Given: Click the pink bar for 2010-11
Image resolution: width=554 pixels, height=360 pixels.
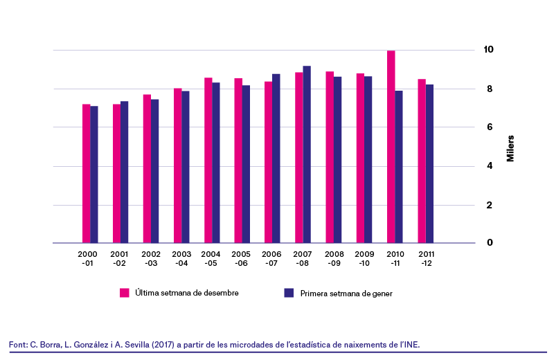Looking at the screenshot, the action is [x=391, y=147].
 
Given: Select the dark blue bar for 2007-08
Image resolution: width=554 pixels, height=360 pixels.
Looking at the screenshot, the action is [x=307, y=154].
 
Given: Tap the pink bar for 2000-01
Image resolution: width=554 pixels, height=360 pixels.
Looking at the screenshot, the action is [x=86, y=174].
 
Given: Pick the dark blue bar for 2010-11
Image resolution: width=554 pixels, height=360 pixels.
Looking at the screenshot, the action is [x=399, y=167].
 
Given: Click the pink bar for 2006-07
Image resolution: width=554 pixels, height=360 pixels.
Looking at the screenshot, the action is [x=269, y=162].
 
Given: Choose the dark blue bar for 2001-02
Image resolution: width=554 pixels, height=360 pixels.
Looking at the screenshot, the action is [x=125, y=172].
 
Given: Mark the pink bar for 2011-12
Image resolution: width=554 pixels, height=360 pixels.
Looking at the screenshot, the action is [x=422, y=161].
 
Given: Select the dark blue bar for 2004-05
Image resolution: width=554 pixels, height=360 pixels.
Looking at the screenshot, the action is [x=216, y=163].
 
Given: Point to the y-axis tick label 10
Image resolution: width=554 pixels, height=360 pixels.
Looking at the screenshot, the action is [x=488, y=49].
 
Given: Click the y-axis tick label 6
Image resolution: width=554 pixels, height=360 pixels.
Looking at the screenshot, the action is [x=490, y=127].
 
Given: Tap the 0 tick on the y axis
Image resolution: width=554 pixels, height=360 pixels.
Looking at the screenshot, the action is [x=490, y=242].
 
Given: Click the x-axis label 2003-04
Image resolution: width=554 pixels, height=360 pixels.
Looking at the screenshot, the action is [x=181, y=259].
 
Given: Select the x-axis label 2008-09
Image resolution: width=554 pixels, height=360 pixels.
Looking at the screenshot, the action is [x=334, y=259].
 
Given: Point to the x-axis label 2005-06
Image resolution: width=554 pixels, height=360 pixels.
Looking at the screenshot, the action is [x=241, y=259].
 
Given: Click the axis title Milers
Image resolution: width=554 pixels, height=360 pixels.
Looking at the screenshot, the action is [x=510, y=148].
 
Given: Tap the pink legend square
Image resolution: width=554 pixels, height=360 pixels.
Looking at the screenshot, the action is [x=125, y=293].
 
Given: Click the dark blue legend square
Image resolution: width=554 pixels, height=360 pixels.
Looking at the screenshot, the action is [x=289, y=293].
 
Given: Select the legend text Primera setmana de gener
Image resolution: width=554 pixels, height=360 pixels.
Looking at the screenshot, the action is [x=346, y=294].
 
